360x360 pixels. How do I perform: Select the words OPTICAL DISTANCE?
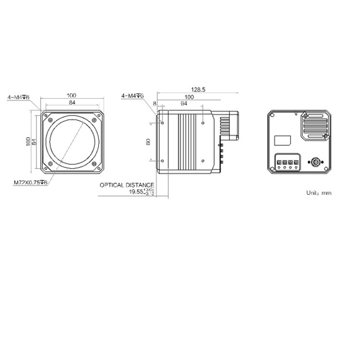point(127,185)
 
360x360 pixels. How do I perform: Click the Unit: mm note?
point(319,193)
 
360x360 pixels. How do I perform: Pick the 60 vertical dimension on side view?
point(148,142)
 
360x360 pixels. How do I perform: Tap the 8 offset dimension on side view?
point(155,103)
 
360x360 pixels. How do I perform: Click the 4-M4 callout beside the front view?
point(18,97)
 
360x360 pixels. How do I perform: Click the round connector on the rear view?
point(315,162)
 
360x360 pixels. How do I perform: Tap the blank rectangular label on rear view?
point(283,140)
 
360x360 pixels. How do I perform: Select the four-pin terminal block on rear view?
point(287,163)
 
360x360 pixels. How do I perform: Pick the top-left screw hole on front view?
point(50,118)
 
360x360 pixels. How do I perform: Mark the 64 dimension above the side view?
point(183,103)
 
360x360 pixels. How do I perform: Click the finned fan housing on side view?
point(228,126)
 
